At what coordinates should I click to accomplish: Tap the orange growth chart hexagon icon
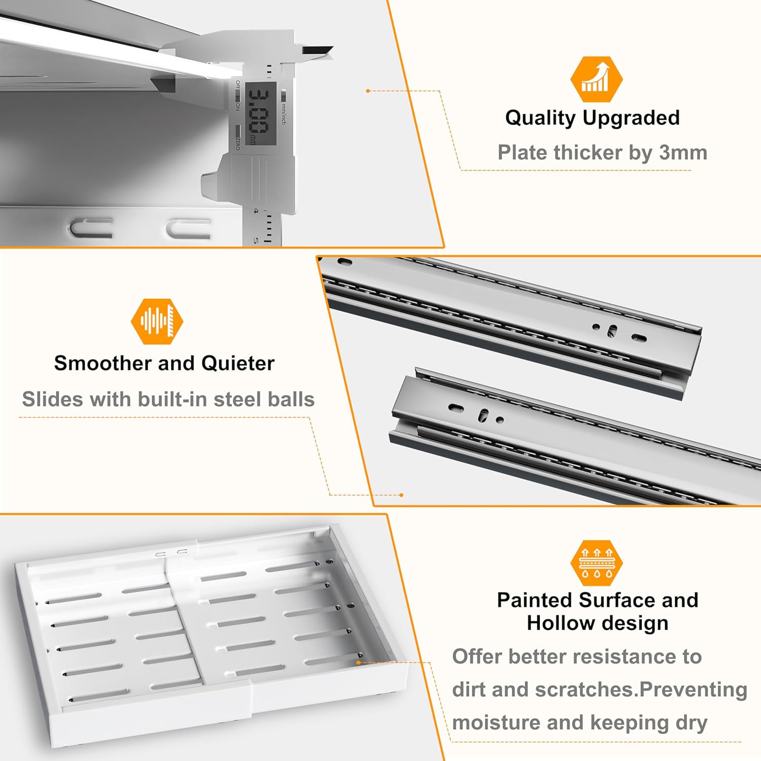[x=596, y=80]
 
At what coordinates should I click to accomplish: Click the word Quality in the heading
[x=540, y=118]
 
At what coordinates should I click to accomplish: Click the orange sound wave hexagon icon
[x=157, y=321]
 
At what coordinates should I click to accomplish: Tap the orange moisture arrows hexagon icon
[x=596, y=563]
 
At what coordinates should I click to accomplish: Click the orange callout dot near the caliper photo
[x=368, y=91]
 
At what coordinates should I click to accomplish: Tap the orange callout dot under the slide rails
[x=401, y=495]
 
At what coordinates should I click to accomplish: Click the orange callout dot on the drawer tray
[x=358, y=662]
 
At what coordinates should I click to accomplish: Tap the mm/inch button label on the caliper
[x=284, y=113]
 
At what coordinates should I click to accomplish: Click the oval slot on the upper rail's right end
[x=639, y=337]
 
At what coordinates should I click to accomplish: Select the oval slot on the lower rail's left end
[x=456, y=407]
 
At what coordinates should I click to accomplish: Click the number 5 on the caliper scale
[x=256, y=240]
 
